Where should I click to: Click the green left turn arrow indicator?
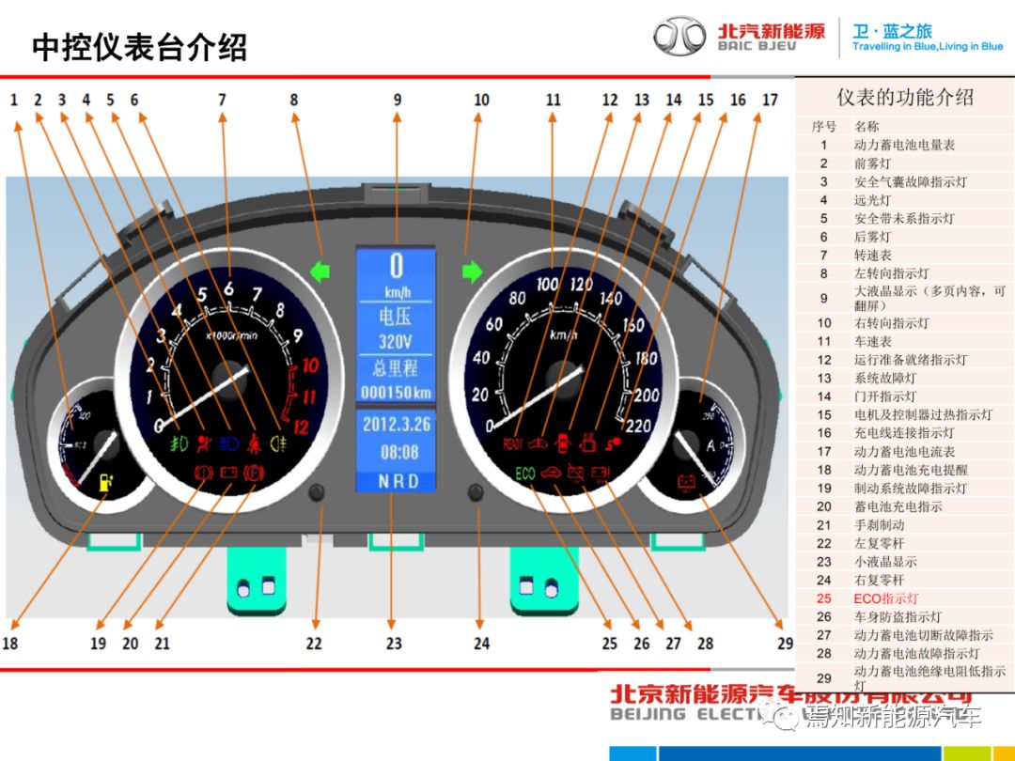(321, 272)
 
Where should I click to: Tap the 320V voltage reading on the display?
(396, 341)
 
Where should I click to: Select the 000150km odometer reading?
(396, 393)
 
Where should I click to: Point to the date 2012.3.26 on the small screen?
(396, 425)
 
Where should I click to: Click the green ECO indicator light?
(525, 474)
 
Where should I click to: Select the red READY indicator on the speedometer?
(515, 443)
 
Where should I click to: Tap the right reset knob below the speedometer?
(476, 492)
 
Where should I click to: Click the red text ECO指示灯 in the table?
(885, 598)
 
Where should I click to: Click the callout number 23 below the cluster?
(394, 644)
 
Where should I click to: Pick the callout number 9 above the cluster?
(397, 100)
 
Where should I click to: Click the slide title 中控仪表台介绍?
(140, 47)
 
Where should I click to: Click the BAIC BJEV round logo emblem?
(679, 37)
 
